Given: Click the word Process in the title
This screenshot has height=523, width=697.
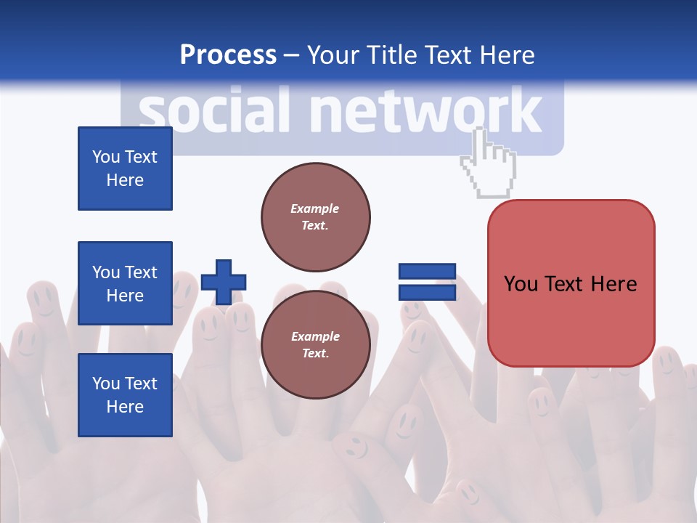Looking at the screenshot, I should point(228,55).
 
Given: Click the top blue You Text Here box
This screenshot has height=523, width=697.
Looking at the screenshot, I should point(125,169).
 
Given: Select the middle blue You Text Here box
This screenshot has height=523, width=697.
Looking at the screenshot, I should point(125,283).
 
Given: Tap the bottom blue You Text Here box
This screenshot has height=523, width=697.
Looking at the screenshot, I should point(125,395).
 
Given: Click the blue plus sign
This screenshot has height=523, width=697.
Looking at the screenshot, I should point(223,282).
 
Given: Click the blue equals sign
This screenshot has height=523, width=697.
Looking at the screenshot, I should point(427,282).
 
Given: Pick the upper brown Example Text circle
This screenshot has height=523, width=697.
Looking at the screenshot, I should point(315,217).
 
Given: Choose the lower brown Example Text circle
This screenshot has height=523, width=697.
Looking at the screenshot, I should point(315,345).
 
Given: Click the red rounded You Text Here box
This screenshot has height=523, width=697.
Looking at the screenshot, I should point(571,283).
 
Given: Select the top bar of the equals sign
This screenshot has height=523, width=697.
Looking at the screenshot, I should point(427,271).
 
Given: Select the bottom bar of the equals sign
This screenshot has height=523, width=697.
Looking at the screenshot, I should point(427,293).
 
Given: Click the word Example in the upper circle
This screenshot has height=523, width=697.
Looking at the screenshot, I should point(315,208).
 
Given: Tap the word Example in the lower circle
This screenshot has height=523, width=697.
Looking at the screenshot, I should point(315,336).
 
